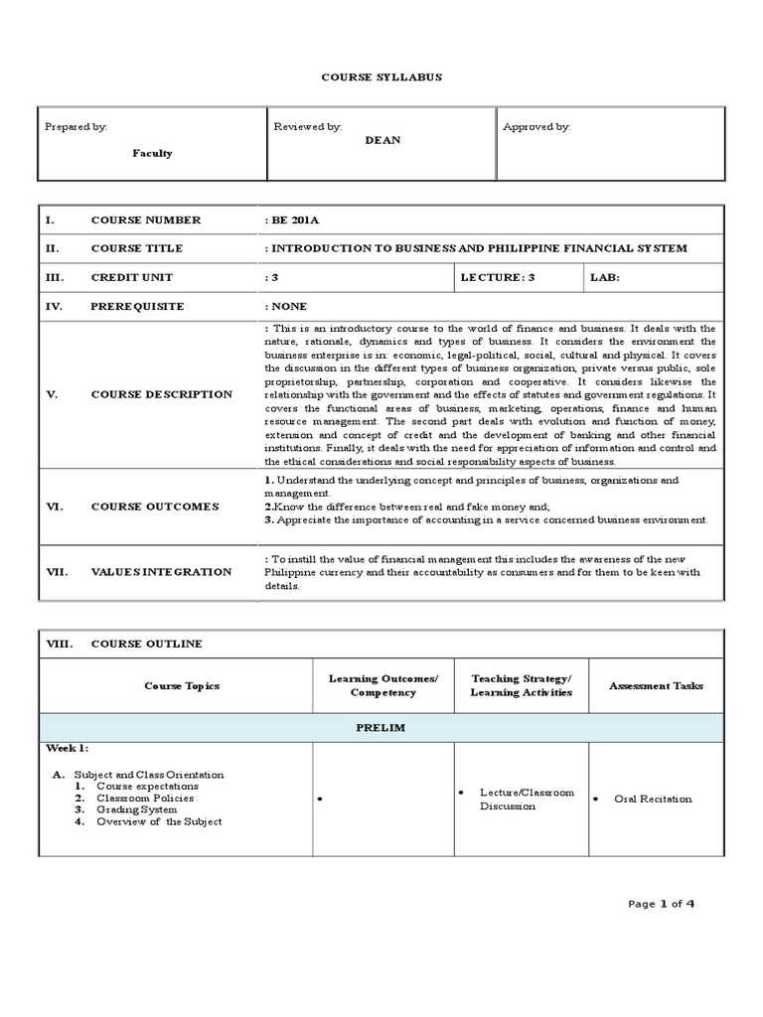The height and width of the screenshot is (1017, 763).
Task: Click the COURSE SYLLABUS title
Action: (381, 76)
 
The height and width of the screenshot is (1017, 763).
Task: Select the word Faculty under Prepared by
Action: (153, 153)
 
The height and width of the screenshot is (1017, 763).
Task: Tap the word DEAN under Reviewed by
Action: (382, 140)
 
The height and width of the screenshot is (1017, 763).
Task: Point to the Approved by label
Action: (536, 127)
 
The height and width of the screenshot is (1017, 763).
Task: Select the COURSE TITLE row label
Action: (137, 248)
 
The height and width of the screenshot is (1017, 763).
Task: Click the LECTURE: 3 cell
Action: (498, 277)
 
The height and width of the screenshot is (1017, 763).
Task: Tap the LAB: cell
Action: (604, 277)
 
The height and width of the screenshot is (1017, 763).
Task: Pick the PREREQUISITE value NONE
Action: (288, 307)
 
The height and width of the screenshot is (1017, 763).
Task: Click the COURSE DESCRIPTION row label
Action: (161, 394)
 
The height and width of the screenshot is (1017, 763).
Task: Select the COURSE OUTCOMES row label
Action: (154, 507)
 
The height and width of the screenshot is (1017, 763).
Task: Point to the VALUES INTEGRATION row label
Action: (161, 572)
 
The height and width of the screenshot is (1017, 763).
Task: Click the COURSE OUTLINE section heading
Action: (146, 644)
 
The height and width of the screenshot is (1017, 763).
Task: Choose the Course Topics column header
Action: (182, 685)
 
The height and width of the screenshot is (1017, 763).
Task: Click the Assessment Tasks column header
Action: (656, 685)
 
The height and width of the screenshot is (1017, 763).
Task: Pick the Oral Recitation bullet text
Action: (653, 799)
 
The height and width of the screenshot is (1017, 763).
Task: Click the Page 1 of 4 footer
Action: (662, 903)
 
